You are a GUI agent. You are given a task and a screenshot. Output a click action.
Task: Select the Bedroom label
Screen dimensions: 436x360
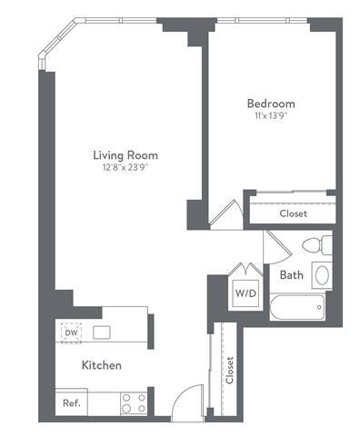pyautogui.click(x=270, y=104)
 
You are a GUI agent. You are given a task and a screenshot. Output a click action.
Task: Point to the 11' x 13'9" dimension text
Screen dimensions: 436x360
pyautogui.click(x=270, y=116)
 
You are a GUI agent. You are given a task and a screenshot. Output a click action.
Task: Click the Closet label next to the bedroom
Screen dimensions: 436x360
pyautogui.click(x=292, y=214)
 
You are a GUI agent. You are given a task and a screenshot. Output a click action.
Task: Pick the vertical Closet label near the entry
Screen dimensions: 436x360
pyautogui.click(x=229, y=370)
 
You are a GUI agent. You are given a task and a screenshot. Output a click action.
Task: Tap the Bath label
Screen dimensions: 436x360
pyautogui.click(x=291, y=274)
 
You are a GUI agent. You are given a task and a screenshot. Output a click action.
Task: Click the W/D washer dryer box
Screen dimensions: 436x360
pyautogui.click(x=245, y=293)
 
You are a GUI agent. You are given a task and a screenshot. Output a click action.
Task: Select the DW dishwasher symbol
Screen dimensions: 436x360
pyautogui.click(x=71, y=332)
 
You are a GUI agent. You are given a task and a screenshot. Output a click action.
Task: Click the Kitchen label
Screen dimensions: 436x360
pyautogui.click(x=102, y=365)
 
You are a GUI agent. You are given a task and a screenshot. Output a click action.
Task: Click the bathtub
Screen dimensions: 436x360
pyautogui.click(x=299, y=306)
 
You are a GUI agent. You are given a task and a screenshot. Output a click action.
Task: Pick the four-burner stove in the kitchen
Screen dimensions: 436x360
pyautogui.click(x=135, y=401)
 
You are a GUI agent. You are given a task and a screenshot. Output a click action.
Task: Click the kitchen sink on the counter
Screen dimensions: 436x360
pyautogui.click(x=101, y=332)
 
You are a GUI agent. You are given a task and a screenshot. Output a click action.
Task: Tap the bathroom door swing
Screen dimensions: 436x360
pyautogui.click(x=275, y=245)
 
